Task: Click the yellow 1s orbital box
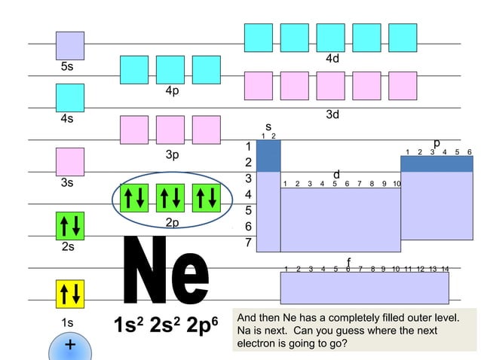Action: tap(69, 294)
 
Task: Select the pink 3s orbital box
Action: tap(69, 161)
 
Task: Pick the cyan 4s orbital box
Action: tap(69, 97)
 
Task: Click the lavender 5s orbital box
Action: tap(69, 45)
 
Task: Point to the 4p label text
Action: tap(173, 91)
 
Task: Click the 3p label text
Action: tap(173, 155)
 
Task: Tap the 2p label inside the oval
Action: tap(173, 222)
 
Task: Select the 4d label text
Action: tap(332, 58)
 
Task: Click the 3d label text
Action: tap(332, 114)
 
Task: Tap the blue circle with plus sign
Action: tap(69, 347)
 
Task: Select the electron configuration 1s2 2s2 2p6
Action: tap(165, 325)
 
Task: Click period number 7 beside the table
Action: tap(247, 243)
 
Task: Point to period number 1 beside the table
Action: tap(247, 146)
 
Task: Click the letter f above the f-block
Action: tap(348, 261)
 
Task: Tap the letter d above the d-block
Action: tap(337, 175)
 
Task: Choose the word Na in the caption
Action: tap(244, 331)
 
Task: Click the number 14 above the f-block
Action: tap(445, 269)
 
